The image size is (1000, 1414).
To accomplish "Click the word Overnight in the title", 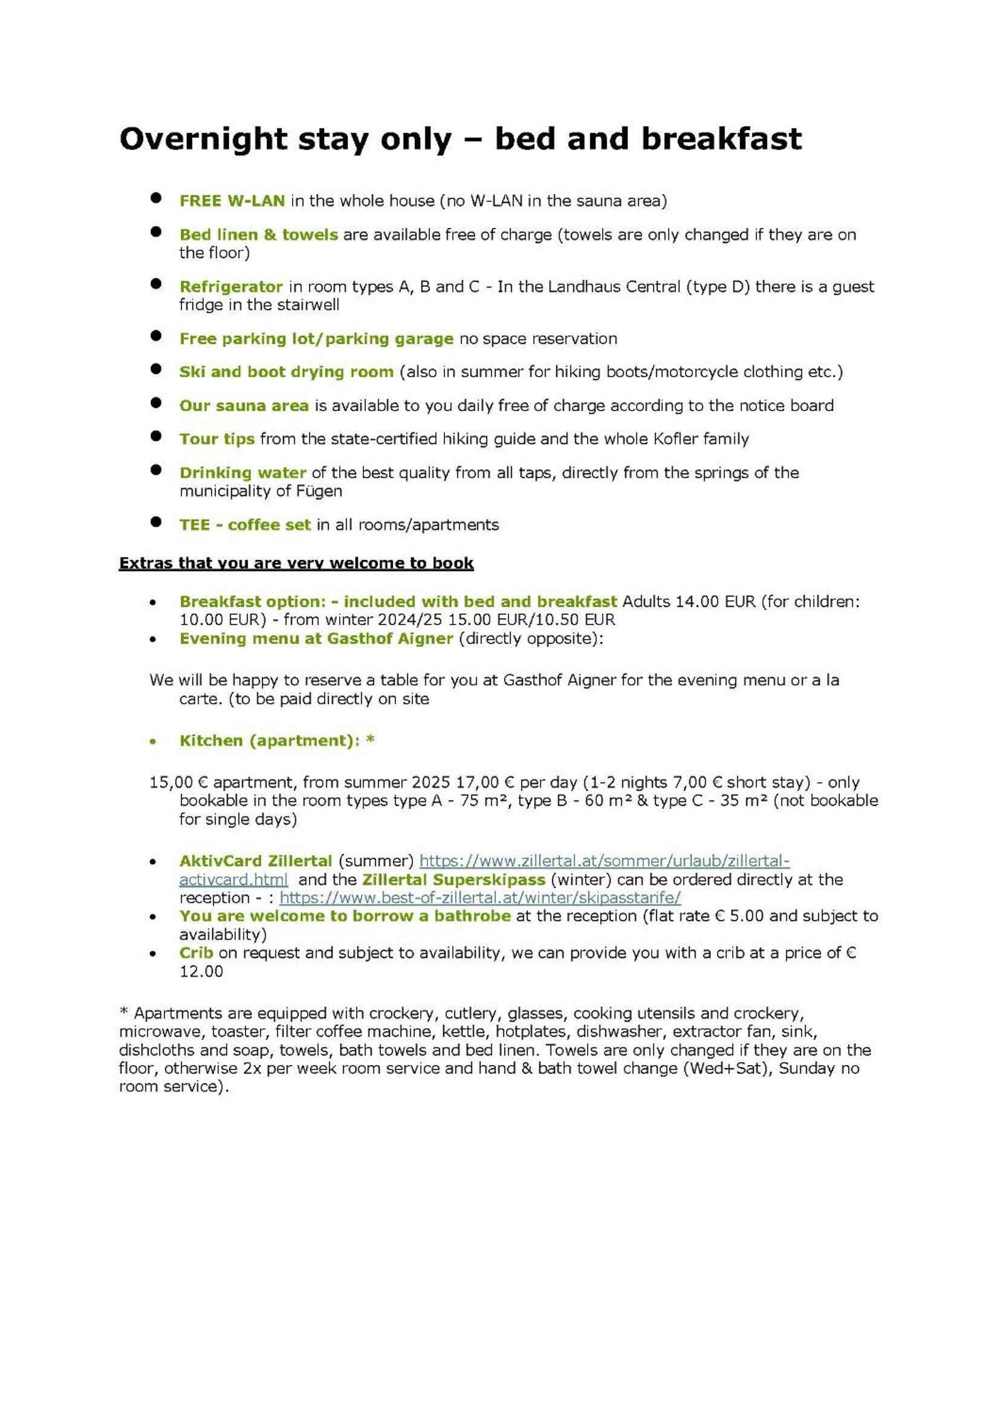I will coord(203,139).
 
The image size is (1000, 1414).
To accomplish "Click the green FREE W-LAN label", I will coord(232,201).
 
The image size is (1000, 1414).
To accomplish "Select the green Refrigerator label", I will coord(231,287).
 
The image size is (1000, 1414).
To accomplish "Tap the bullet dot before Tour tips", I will coord(156,436).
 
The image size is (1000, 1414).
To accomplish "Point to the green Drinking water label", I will coord(242,472).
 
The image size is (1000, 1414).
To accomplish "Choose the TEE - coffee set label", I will coord(245,525).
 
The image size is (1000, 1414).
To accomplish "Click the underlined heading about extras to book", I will coord(296,563).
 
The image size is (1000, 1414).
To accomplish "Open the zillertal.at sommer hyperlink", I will coord(604,861).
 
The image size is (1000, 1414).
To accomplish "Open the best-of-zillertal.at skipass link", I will coord(479,898).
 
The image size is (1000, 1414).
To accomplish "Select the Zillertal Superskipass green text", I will coord(453,879).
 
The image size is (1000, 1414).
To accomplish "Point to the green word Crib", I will coord(196,953).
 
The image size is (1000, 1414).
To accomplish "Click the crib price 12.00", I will coord(201,971).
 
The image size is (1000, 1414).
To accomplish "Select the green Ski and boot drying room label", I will coord(287,371).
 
